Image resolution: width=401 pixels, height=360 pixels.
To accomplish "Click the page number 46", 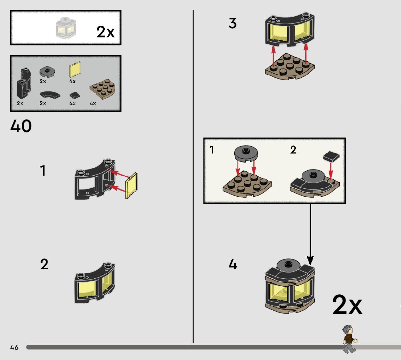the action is point(14,348).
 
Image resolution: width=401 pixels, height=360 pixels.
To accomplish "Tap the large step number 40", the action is point(21,126).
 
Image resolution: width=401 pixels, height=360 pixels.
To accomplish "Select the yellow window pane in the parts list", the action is point(75,70).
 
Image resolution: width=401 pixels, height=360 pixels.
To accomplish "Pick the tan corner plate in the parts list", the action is point(103,91).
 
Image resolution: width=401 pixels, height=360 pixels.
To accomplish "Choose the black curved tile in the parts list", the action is point(50,95).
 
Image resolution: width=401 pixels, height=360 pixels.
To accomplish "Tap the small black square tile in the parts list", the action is point(74,95).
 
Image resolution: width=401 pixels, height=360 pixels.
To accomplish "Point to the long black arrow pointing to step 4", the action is point(310,232).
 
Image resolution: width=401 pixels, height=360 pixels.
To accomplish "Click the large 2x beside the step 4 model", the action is point(347,306).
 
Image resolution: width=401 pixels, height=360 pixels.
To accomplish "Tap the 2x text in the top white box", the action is point(105,32).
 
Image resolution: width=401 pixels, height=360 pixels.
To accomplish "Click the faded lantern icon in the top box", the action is point(65,28).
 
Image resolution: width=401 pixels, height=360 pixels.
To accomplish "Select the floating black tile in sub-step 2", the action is point(331,156).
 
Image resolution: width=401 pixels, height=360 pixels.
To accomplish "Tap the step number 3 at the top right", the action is point(233,24).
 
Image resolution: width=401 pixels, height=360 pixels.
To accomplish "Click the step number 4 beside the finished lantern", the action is point(233,265).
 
